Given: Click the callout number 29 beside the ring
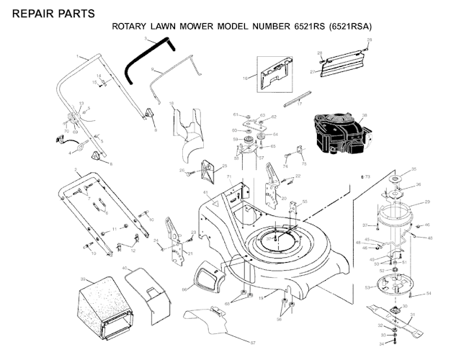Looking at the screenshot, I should [x=427, y=202].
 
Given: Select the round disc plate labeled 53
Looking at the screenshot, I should [x=393, y=287].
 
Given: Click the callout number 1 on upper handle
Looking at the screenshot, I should [x=76, y=55].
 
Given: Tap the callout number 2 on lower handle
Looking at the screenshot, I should [x=76, y=170].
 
